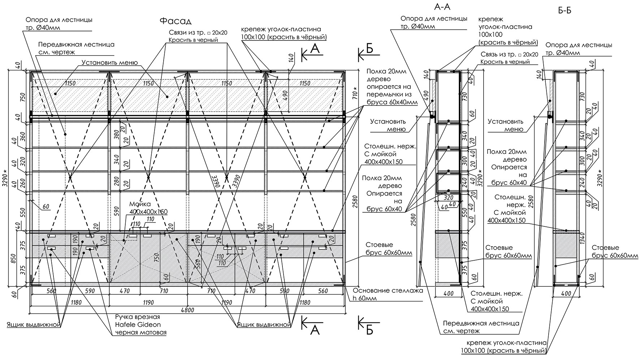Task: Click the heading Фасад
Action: pyautogui.click(x=175, y=21)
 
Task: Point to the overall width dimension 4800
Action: pyautogui.click(x=187, y=309)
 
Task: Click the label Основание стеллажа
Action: pyautogui.click(x=388, y=290)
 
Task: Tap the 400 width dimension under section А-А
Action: pyautogui.click(x=448, y=294)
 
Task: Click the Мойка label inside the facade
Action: pyautogui.click(x=139, y=204)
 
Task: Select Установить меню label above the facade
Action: pyautogui.click(x=109, y=62)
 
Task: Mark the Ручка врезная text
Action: pyautogui.click(x=137, y=317)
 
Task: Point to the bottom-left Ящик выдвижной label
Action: pyautogui.click(x=33, y=325)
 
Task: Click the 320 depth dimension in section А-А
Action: pyautogui.click(x=448, y=198)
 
